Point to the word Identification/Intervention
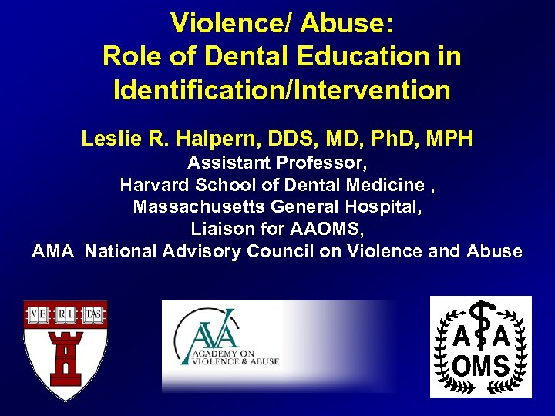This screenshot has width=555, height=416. (281, 90)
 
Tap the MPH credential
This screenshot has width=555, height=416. (448, 139)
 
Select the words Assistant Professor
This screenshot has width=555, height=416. (277, 163)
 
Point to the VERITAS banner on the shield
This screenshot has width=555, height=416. (66, 314)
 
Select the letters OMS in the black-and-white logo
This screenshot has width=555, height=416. (480, 366)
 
